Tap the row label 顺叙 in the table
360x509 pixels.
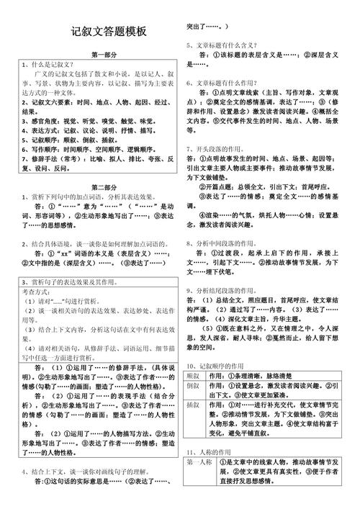click(193, 376)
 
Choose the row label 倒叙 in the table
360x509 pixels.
click(193, 386)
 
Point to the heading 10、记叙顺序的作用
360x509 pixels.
click(218, 366)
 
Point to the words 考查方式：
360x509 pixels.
click(36, 292)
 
